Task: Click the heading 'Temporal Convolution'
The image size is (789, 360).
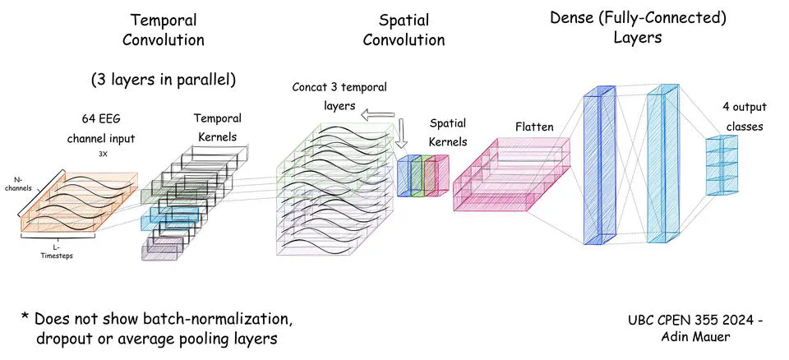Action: coord(168,29)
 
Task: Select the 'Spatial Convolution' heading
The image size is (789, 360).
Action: coord(404,30)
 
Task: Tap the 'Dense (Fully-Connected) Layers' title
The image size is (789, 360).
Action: coord(638,26)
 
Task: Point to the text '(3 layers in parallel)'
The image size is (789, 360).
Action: coord(163,80)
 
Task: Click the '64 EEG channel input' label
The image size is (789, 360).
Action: coord(102,128)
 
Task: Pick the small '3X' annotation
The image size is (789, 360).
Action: coord(102,152)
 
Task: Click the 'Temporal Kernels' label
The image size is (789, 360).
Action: coord(219,127)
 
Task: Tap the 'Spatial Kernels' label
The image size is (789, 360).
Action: coord(448,132)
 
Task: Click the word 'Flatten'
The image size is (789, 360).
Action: coord(534,127)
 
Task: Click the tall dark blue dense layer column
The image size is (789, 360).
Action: coord(598,168)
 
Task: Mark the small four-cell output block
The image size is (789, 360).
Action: coord(721,165)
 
